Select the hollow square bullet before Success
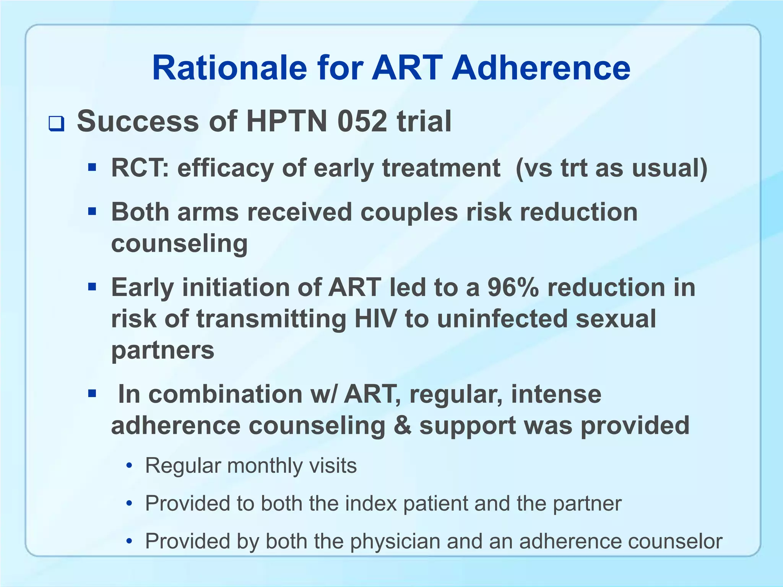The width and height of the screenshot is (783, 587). click(x=56, y=124)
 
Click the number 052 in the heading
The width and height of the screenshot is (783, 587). click(x=362, y=122)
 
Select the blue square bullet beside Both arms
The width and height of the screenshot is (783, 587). click(x=92, y=211)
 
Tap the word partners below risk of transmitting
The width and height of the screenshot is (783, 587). click(x=162, y=350)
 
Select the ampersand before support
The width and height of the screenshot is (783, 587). click(x=402, y=425)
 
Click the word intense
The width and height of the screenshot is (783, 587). click(x=556, y=394)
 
